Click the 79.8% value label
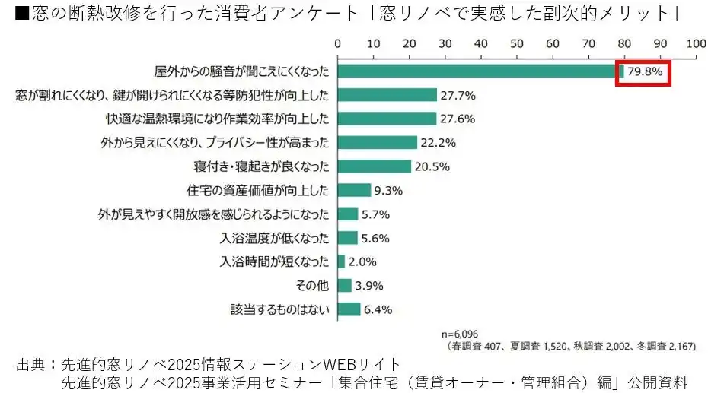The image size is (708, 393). pyautogui.click(x=646, y=72)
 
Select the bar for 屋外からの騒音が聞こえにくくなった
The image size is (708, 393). pyautogui.click(x=480, y=71)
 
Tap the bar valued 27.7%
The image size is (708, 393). pyautogui.click(x=387, y=95)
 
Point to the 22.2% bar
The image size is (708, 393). pyautogui.click(x=377, y=143)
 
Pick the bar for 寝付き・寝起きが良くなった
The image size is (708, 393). pyautogui.click(x=374, y=166)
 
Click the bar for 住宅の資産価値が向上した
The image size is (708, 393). pyautogui.click(x=354, y=190)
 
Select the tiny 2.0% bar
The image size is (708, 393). pyautogui.click(x=341, y=261)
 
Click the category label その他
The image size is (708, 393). pyautogui.click(x=313, y=286)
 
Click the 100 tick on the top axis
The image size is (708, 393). pyautogui.click(x=696, y=43)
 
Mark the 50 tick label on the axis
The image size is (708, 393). pyautogui.click(x=516, y=43)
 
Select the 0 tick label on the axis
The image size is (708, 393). pyautogui.click(x=337, y=43)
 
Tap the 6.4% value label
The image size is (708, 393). pyautogui.click(x=378, y=309)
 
